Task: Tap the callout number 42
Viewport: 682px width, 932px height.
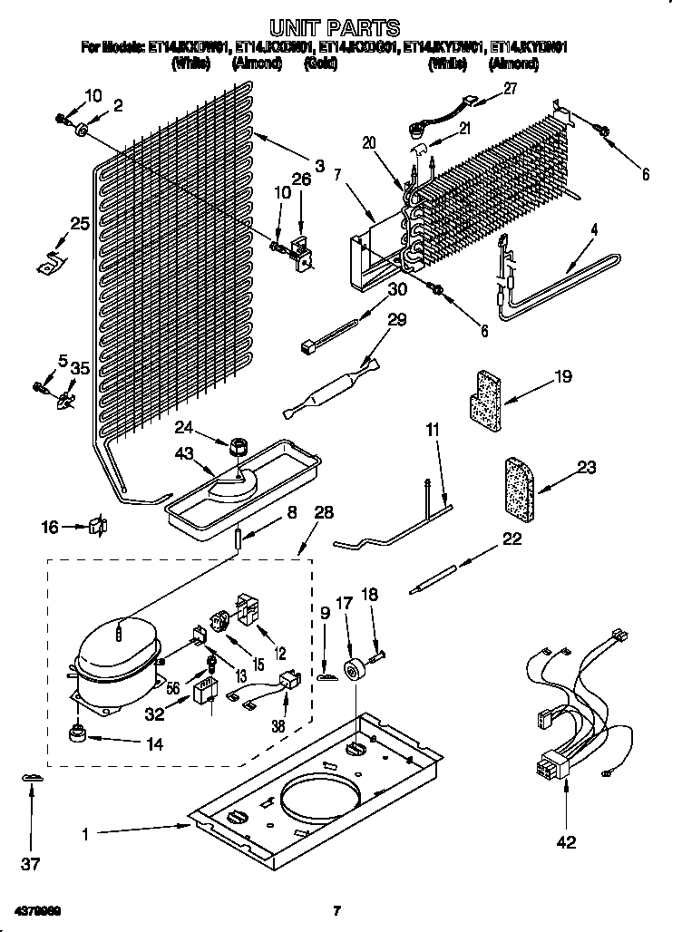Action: (x=566, y=842)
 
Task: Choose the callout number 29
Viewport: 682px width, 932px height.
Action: (x=396, y=320)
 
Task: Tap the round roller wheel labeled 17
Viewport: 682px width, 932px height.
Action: (x=351, y=672)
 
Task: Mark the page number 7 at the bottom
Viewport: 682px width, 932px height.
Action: (x=336, y=910)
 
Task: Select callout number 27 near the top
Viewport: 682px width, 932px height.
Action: (x=510, y=88)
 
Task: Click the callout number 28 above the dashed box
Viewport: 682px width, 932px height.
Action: (x=324, y=514)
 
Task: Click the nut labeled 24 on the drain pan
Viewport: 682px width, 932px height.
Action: (x=239, y=447)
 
